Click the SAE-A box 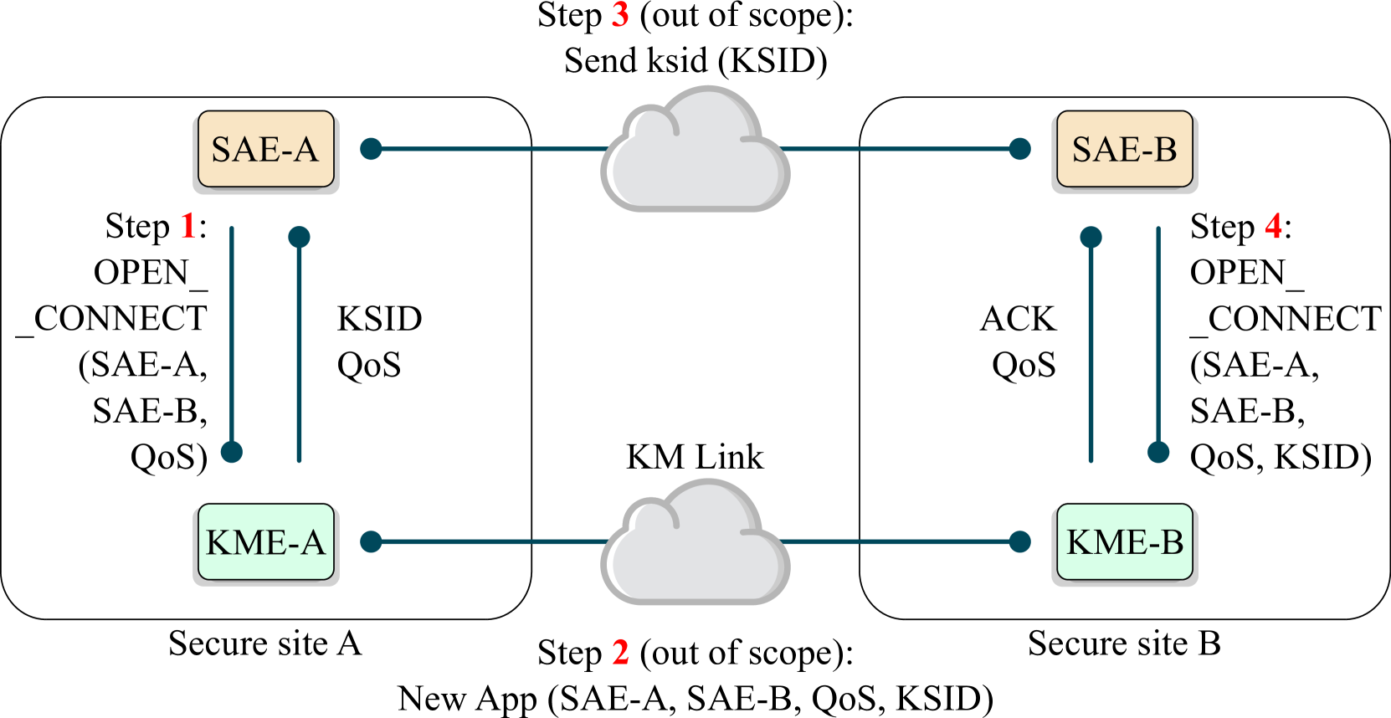point(265,149)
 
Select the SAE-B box point(1124,149)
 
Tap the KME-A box point(265,542)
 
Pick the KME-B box point(1124,542)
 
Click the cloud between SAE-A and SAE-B point(695,155)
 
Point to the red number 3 point(620,14)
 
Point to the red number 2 point(620,652)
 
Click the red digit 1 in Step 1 point(188,226)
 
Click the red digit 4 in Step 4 point(1273,226)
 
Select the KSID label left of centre point(379,319)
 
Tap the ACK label point(1018,319)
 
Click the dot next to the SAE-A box point(371,149)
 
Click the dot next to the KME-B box point(1019,542)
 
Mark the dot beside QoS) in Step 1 point(232,452)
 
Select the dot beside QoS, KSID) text point(1158,452)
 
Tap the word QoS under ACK point(1024,365)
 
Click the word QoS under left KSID point(369,365)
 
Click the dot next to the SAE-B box point(1019,149)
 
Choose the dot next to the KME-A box point(371,542)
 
